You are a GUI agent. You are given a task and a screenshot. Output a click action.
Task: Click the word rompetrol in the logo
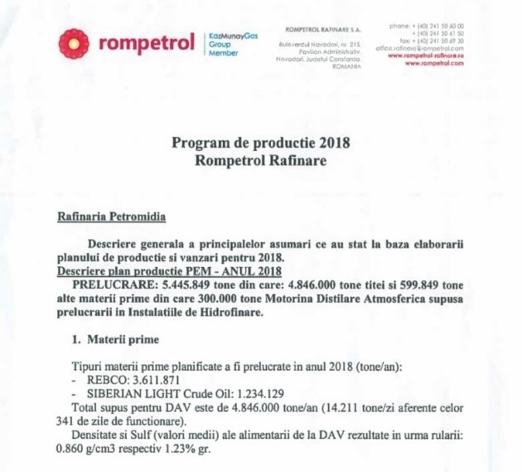point(146,42)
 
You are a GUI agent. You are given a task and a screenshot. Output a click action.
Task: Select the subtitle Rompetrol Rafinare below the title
point(260,159)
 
